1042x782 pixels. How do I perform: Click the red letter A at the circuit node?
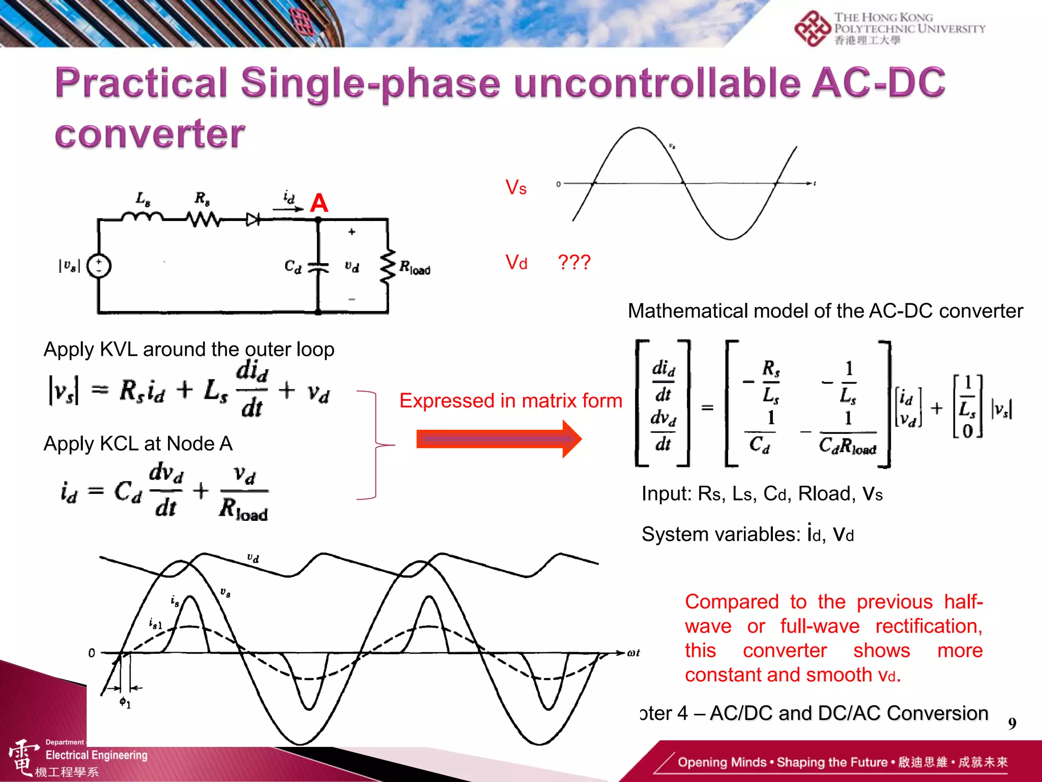319,203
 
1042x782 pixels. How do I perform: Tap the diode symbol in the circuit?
253,219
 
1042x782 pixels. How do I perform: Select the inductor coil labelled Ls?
142,217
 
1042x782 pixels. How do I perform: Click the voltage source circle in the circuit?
99,266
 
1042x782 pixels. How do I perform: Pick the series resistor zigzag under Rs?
203,219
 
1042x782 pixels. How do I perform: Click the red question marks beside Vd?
574,262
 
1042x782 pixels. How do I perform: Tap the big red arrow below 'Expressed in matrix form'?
499,439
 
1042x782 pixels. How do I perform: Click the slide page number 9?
1012,723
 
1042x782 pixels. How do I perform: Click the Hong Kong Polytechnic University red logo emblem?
813,29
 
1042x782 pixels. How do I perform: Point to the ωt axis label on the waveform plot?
633,653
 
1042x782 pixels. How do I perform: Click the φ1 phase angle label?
125,703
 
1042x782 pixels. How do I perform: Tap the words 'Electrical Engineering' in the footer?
97,755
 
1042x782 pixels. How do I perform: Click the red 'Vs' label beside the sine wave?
516,188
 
